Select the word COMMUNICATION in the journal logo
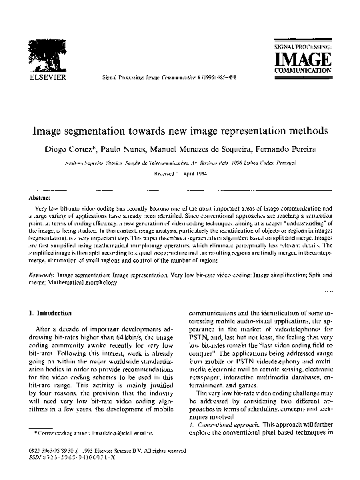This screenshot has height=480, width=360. pyautogui.click(x=303, y=69)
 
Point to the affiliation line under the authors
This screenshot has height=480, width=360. pyautogui.click(x=179, y=161)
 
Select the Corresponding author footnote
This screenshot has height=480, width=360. pyautogui.click(x=80, y=434)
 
